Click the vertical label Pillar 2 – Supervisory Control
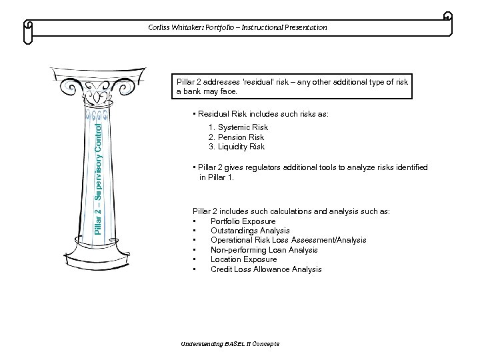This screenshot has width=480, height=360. point(97,177)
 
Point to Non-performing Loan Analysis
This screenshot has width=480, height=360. point(264,250)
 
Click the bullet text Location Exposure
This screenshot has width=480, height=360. point(243,259)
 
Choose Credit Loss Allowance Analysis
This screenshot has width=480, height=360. point(266,269)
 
